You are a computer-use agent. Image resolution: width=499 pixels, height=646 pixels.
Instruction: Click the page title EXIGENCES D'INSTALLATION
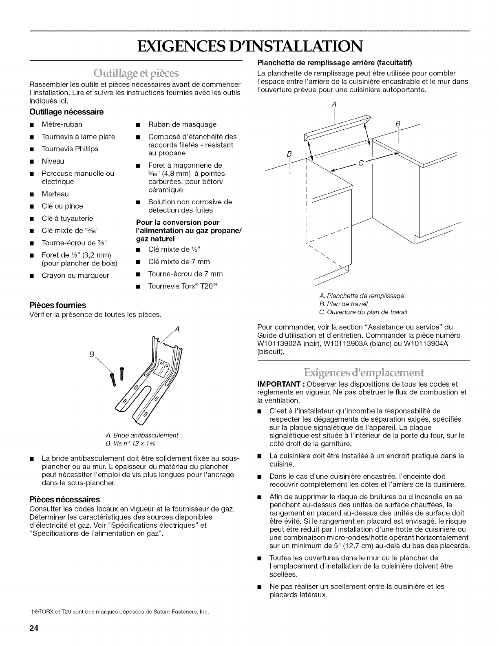(250, 46)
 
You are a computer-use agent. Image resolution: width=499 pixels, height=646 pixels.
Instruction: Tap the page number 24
(33, 628)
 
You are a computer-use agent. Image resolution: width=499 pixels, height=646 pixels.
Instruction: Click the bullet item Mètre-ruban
(62, 124)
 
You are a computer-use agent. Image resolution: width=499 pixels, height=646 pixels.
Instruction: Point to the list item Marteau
(55, 194)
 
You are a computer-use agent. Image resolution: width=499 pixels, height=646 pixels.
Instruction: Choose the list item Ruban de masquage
(182, 124)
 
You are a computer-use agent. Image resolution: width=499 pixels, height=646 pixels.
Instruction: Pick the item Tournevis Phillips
(70, 149)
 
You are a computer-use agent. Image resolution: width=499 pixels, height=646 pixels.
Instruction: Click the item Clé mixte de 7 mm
(179, 261)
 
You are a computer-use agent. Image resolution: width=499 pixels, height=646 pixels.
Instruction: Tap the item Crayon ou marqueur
(75, 275)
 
